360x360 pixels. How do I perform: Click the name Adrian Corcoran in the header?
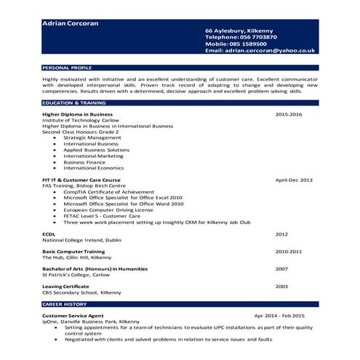click(71, 23)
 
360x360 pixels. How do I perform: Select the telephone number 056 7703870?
click(252, 37)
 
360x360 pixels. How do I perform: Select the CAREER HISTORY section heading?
click(64, 303)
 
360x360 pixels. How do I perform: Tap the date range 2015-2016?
click(289, 115)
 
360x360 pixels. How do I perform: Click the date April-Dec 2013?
click(294, 180)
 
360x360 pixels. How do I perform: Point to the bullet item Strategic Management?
click(92, 137)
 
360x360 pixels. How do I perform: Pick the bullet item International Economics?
click(94, 167)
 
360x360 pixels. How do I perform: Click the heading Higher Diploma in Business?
click(77, 115)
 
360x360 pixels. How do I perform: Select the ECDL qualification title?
click(49, 234)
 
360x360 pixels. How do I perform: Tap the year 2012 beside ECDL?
click(281, 234)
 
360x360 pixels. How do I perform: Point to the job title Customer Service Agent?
click(73, 316)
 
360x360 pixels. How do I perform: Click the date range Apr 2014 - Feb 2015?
click(279, 316)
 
